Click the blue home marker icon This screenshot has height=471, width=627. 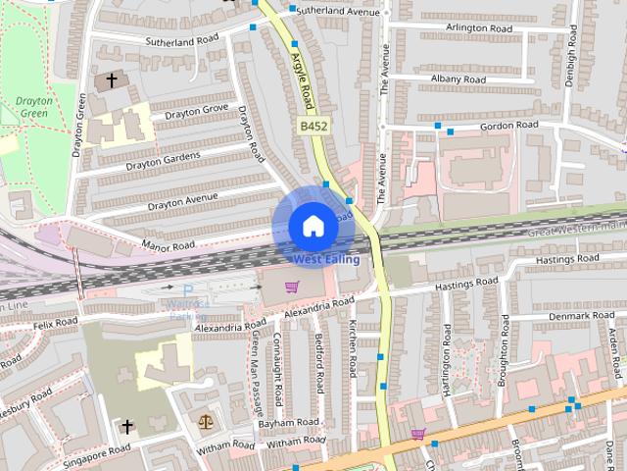coord(313,226)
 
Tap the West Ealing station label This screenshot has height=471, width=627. coord(326,260)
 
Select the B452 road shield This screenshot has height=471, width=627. coord(313,127)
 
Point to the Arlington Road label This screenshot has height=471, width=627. coord(479,28)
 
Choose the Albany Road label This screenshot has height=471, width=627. coord(458,78)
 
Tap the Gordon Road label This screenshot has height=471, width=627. coord(508,126)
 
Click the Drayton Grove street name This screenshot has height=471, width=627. coord(196,113)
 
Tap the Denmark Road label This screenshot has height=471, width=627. coord(582,316)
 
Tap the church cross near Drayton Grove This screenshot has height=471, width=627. coord(112,78)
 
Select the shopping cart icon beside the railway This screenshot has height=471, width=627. coord(291,287)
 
